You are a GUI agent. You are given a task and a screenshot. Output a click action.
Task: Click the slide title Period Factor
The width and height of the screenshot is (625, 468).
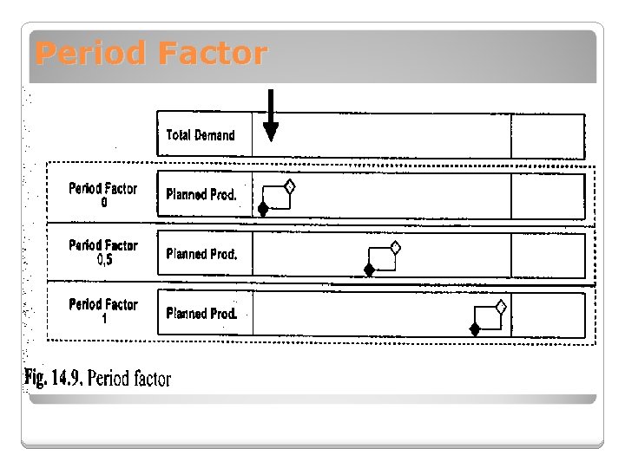[151, 54]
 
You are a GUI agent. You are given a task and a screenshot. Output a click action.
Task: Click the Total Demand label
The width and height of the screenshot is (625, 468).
[201, 135]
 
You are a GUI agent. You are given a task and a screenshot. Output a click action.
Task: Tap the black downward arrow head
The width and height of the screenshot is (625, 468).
[271, 130]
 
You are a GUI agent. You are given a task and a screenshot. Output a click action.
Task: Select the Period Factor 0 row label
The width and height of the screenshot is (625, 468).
[103, 194]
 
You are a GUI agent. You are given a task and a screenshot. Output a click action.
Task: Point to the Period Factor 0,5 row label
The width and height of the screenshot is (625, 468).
[103, 251]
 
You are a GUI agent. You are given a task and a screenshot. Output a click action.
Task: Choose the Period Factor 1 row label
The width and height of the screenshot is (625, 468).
[103, 310]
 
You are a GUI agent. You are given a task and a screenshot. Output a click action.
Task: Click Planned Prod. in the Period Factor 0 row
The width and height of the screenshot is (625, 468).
[201, 195]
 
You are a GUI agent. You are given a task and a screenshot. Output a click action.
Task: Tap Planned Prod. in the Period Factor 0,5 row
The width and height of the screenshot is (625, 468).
[201, 254]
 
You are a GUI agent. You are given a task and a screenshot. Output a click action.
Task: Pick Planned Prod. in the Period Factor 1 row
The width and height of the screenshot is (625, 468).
[201, 313]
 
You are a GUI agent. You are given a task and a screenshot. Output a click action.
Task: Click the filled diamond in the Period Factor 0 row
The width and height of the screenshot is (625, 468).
[263, 208]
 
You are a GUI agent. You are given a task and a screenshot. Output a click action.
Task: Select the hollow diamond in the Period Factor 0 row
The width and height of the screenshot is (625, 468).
[290, 186]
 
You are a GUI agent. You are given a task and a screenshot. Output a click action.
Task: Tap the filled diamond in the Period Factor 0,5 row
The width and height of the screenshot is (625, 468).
[369, 270]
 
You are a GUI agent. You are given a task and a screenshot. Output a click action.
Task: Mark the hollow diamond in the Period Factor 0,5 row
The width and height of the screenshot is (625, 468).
[395, 247]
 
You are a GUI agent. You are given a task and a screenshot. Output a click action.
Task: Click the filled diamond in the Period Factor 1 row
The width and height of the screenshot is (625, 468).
[475, 328]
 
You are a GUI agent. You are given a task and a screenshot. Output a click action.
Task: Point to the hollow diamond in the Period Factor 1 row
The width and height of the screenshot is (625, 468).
[501, 306]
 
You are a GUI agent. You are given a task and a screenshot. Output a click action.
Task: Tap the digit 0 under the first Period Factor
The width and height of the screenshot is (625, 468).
[104, 202]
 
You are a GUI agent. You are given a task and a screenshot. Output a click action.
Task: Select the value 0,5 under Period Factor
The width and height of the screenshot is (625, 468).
[104, 259]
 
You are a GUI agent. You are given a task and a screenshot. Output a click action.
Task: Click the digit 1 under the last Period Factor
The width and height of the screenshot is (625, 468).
[104, 318]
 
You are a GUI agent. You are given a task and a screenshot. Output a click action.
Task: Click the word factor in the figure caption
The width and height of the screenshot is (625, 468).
[152, 380]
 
